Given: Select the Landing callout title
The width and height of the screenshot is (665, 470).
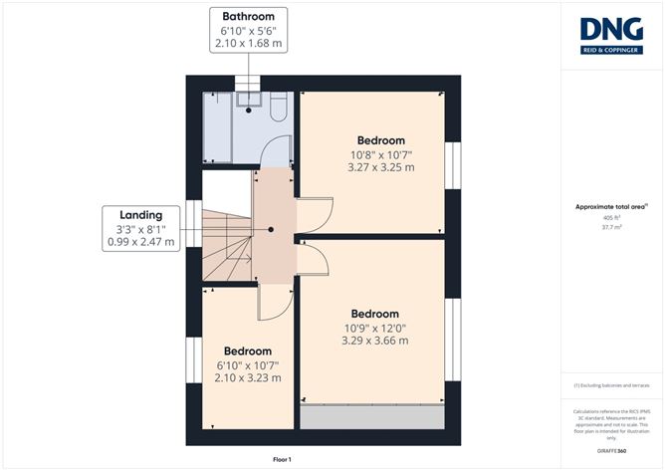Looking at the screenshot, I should (140, 214).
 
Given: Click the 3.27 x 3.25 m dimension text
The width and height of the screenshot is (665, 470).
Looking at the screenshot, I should (380, 167).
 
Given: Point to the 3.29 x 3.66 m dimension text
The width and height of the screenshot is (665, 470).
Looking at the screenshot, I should (375, 341).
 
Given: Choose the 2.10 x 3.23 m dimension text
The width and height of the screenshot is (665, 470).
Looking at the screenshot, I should (247, 377).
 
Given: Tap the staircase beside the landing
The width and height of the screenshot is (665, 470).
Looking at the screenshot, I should (225, 245).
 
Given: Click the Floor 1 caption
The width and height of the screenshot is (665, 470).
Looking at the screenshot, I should (283, 459).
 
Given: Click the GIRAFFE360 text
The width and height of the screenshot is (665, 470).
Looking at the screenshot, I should (612, 451).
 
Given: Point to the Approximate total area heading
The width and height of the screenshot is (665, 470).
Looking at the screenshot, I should (611, 206).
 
